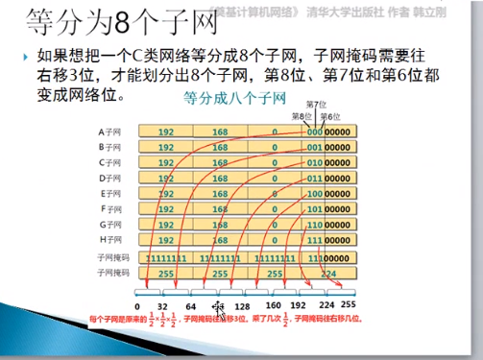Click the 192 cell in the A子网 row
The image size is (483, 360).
167,132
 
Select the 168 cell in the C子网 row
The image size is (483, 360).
222,163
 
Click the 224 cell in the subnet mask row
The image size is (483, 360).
328,273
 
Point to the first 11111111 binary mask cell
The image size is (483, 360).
167,258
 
